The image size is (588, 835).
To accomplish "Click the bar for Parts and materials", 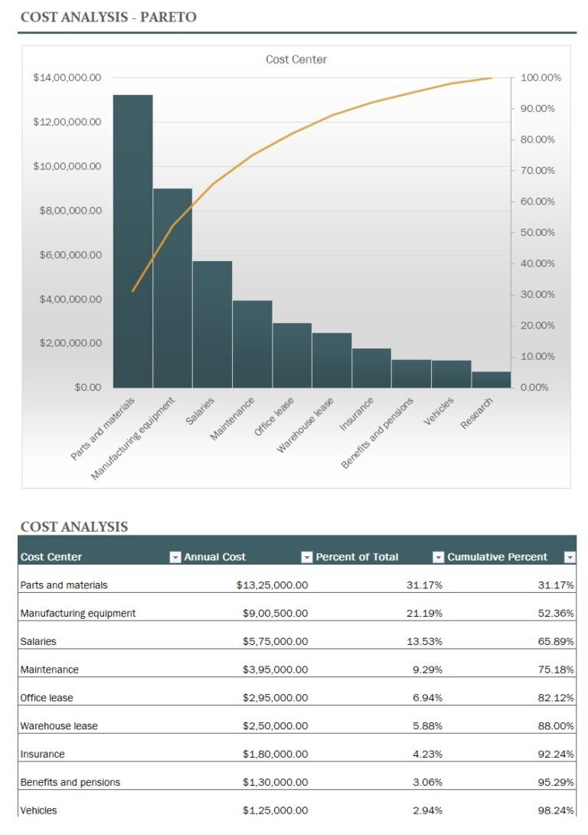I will pyautogui.click(x=132, y=241).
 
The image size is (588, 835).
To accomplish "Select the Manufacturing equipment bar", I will pyautogui.click(x=172, y=288).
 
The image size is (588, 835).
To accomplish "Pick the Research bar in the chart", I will pyautogui.click(x=491, y=379).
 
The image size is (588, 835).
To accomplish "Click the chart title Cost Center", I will pyautogui.click(x=296, y=60).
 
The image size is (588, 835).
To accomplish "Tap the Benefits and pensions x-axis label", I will pyautogui.click(x=378, y=433).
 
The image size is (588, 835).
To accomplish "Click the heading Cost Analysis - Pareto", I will pyautogui.click(x=108, y=17).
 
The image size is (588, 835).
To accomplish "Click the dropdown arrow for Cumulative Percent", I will pyautogui.click(x=570, y=558).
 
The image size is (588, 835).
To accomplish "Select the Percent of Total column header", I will pyautogui.click(x=357, y=557).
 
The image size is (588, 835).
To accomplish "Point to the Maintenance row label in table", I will pyautogui.click(x=50, y=670).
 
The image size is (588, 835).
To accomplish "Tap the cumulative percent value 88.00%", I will pyautogui.click(x=556, y=725).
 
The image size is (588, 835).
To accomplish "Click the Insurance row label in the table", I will pyautogui.click(x=42, y=754).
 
